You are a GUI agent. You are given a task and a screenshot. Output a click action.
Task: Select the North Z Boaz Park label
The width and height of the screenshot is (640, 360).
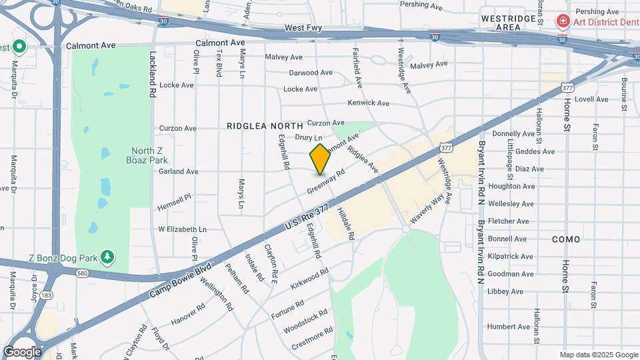pyautogui.click(x=147, y=155)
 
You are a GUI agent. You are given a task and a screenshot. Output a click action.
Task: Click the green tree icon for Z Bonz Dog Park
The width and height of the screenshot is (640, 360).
pyautogui.click(x=107, y=257)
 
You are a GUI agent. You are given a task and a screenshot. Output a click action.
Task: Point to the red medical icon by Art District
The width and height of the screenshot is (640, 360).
pyautogui.click(x=563, y=22)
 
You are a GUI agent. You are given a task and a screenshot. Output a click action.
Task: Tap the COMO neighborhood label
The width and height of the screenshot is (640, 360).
pyautogui.click(x=565, y=239)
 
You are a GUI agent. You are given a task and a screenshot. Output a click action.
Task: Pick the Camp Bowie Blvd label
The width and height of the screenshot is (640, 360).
pyautogui.click(x=180, y=279)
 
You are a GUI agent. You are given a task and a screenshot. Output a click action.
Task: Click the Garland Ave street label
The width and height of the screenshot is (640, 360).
pyautogui.click(x=178, y=171)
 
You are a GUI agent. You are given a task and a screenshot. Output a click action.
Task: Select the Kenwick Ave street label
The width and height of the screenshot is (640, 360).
pyautogui.click(x=368, y=103)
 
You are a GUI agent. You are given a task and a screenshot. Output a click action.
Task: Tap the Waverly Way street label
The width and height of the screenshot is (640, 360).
pyautogui.click(x=427, y=209)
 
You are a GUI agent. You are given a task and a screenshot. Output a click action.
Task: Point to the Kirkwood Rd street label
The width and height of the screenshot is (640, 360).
pyautogui.click(x=309, y=280)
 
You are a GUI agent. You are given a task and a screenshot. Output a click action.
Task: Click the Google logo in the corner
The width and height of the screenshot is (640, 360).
pyautogui.click(x=22, y=351)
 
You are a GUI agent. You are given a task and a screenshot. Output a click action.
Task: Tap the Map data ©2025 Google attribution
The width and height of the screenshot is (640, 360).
pyautogui.click(x=598, y=355)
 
